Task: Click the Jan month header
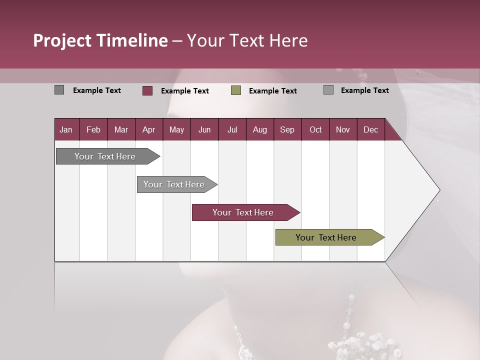pos(66,129)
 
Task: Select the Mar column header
pos(121,129)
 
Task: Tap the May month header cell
pos(176,129)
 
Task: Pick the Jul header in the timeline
pos(232,129)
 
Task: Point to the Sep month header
pos(287,129)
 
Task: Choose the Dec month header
pos(370,129)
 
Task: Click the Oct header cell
pos(315,129)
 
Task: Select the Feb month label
pos(93,129)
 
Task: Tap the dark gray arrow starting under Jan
pos(105,156)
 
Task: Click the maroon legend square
pos(147,90)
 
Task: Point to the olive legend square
pos(236,90)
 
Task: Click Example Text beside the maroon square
pos(185,91)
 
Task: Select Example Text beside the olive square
pos(273,91)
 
